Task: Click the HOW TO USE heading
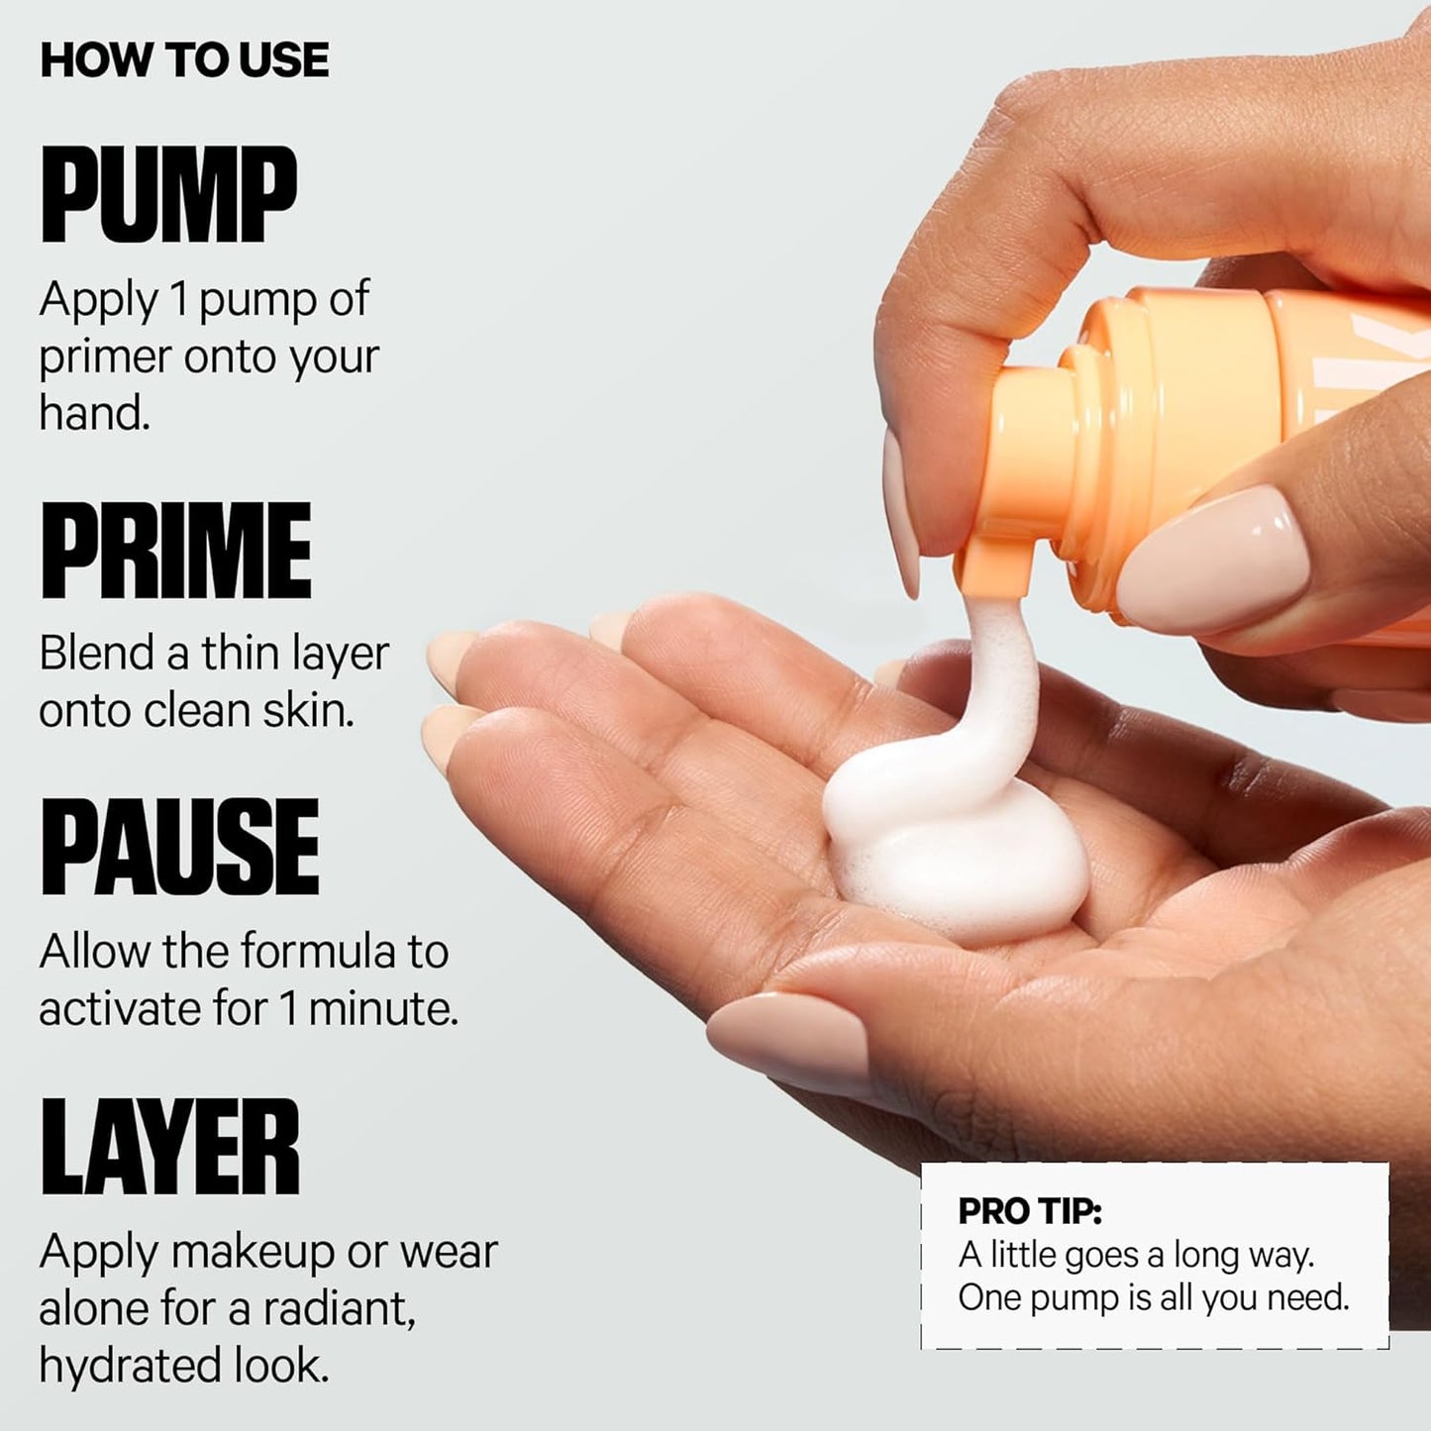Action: tap(184, 60)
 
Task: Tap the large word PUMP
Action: tap(168, 194)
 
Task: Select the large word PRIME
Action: tap(175, 550)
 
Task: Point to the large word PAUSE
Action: tap(179, 848)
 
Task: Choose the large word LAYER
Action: tap(169, 1147)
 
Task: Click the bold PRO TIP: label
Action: tap(1030, 1210)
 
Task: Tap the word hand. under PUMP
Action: tap(94, 412)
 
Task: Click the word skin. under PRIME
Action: tap(310, 709)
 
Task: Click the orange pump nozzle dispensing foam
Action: tap(995, 564)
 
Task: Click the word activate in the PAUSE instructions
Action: tap(118, 1008)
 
